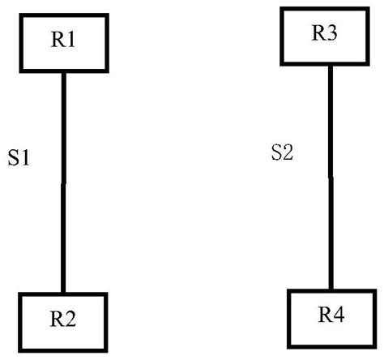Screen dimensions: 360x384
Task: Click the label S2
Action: click(281, 152)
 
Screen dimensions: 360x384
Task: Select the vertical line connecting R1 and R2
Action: click(63, 182)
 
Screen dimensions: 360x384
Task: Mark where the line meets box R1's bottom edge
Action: click(63, 71)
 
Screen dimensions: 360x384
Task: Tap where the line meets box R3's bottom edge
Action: click(331, 65)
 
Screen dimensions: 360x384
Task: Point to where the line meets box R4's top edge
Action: click(331, 288)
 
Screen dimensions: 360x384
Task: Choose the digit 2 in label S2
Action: click(287, 152)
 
